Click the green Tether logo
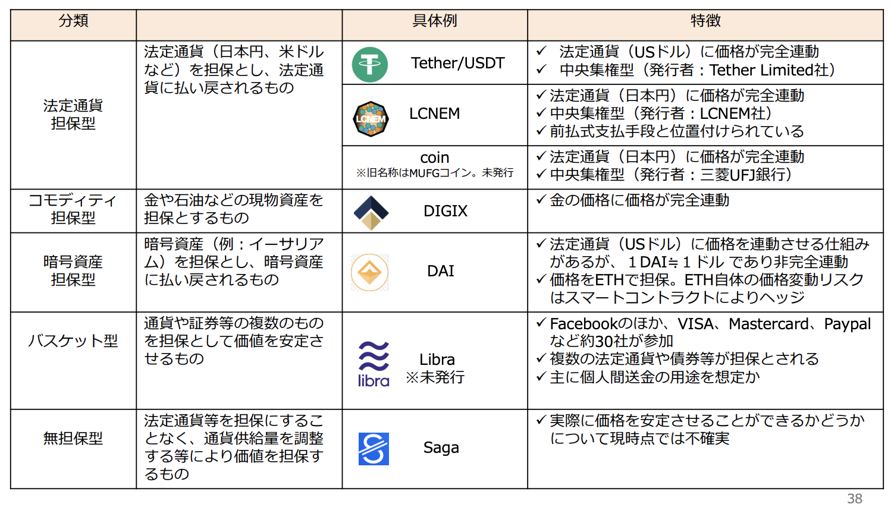(x=369, y=64)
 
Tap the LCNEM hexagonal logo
(x=371, y=119)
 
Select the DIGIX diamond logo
(x=371, y=213)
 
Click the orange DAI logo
(x=369, y=273)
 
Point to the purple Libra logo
(x=374, y=364)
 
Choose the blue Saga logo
(x=374, y=449)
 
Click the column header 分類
(x=73, y=21)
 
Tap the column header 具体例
(x=435, y=21)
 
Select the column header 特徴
(x=705, y=21)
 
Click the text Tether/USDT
(x=458, y=63)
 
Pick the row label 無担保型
(x=73, y=439)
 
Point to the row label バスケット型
(x=73, y=341)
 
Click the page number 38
(x=854, y=499)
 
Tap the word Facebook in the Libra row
(x=583, y=324)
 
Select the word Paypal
(x=847, y=324)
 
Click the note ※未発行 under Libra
(x=435, y=377)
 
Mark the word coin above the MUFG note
(x=435, y=157)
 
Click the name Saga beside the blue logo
(x=441, y=448)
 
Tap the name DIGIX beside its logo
(x=445, y=211)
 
